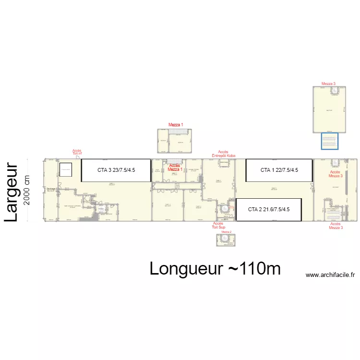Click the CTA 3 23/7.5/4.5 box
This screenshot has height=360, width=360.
[116, 170]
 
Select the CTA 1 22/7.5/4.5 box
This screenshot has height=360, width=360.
[279, 170]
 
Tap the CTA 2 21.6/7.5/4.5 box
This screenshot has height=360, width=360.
[268, 209]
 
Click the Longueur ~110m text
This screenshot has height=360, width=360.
[215, 268]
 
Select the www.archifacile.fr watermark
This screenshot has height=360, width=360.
[330, 275]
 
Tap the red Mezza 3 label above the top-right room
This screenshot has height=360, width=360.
[329, 84]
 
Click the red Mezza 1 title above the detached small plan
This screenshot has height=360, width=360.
[176, 125]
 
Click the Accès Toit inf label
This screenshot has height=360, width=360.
[77, 152]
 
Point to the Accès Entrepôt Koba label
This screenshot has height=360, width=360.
[224, 154]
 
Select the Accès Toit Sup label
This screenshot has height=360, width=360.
[218, 225]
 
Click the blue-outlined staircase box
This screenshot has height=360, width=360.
[330, 141]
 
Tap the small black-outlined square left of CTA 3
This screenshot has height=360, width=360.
[65, 169]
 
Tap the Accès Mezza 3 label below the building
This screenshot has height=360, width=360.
[336, 226]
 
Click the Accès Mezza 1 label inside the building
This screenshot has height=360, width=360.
[175, 168]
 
